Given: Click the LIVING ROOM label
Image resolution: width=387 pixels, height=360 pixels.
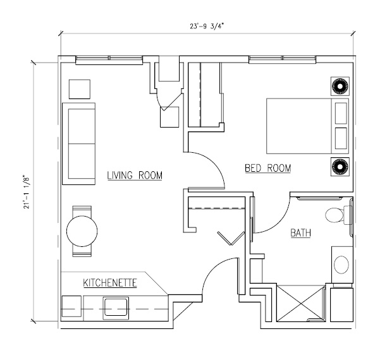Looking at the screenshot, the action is click(135, 175).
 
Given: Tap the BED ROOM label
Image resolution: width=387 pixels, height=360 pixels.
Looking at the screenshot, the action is click(268, 168).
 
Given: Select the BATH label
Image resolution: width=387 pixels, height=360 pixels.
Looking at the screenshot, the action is click(300, 233).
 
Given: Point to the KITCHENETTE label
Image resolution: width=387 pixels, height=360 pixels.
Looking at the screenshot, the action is click(110, 283).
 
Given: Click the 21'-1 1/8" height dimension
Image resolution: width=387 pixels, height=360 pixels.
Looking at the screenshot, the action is click(27, 192).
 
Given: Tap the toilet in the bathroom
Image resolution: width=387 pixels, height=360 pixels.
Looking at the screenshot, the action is click(339, 215).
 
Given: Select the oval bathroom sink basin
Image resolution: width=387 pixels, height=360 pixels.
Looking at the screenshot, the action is click(341, 265).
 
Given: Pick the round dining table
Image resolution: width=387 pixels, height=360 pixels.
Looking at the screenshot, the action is click(82, 231).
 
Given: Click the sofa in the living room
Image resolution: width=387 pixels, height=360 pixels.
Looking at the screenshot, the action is click(79, 143).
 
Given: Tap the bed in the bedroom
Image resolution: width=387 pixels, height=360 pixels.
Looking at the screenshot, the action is click(307, 126).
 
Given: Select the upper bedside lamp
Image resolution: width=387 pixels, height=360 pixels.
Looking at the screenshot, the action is click(340, 86).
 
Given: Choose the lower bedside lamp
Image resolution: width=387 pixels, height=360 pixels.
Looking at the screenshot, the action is click(340, 167).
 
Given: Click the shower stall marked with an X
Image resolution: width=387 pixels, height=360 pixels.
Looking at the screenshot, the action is click(300, 303).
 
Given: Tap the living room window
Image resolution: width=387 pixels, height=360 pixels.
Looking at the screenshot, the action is click(109, 60).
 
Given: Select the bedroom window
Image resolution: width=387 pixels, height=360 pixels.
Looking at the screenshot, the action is click(283, 59).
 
